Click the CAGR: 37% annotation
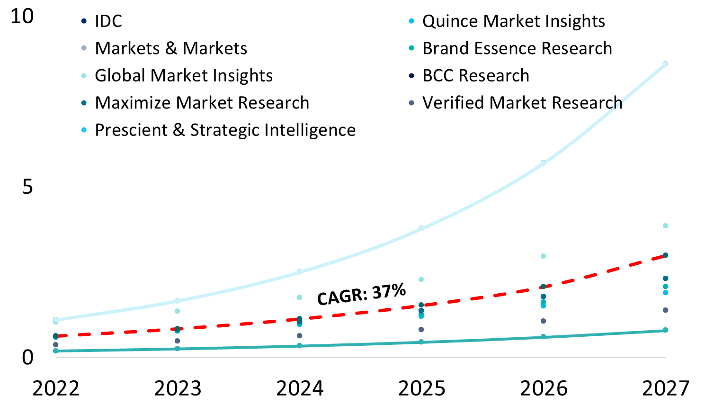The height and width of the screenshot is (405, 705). pos(361,294)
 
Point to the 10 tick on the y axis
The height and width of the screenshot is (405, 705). pos(22,17)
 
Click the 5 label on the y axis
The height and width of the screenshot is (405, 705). pos(27,187)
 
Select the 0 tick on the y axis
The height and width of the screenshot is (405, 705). pos(27,358)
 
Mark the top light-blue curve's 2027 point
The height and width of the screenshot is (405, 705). pos(665,64)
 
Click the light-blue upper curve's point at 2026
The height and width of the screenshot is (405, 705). pos(543,163)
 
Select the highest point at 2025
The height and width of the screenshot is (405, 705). pos(421,228)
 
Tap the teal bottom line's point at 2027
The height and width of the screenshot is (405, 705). pos(665,330)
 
